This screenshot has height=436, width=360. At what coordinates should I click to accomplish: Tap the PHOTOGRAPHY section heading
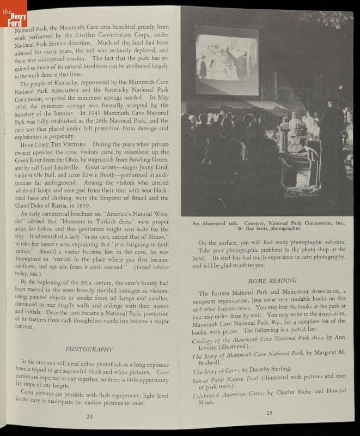(89, 349)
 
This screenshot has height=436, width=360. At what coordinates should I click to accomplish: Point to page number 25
(269, 412)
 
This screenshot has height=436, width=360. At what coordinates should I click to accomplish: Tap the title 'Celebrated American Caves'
(228, 393)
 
